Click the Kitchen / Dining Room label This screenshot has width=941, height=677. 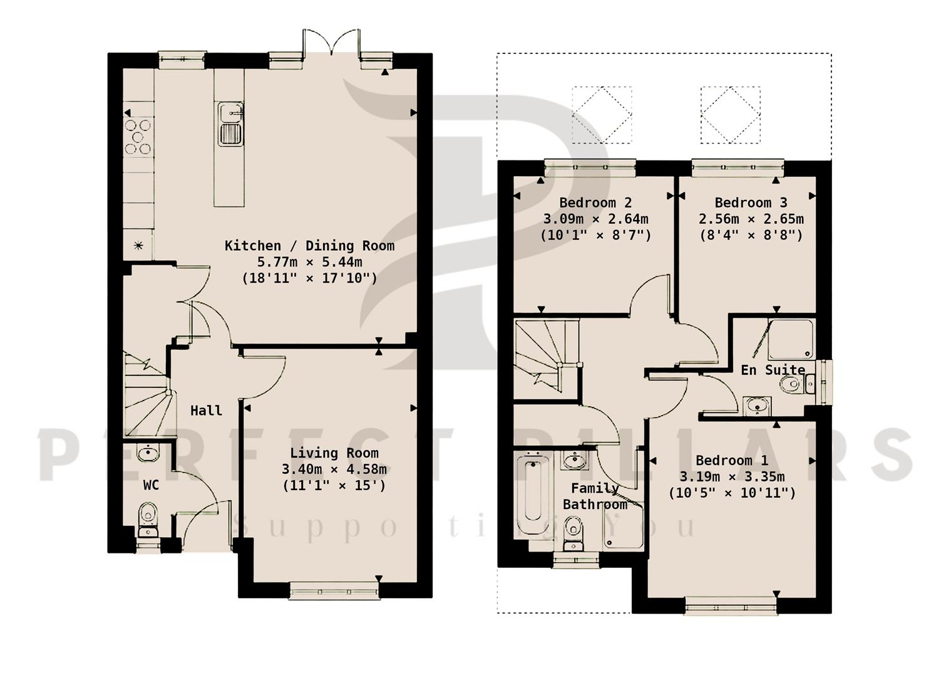309,245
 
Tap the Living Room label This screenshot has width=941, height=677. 334,453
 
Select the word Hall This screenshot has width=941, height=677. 206,411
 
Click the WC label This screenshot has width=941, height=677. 151,485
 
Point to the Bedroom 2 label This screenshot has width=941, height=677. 595,202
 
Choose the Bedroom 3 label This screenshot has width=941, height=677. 751,202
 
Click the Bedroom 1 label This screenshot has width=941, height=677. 731,460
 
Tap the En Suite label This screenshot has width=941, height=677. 773,370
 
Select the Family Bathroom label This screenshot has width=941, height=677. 595,496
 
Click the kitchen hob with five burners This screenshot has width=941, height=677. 138,136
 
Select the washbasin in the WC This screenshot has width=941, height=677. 148,452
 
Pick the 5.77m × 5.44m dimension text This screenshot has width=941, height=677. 309,261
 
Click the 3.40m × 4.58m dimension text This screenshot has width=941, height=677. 334,469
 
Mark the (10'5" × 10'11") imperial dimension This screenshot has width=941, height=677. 731,493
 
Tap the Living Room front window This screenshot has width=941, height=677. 334,590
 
